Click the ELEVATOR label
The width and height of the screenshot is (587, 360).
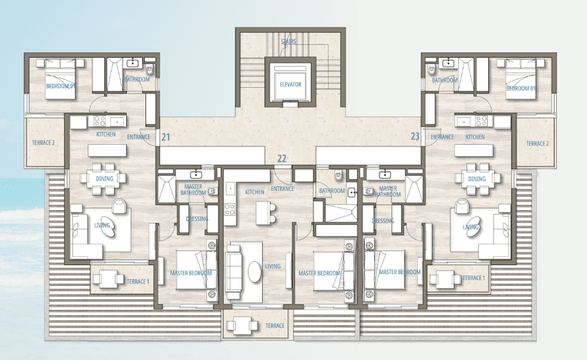point(290,85)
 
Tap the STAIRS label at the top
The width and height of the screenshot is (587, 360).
point(288,42)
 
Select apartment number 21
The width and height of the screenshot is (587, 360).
point(166,137)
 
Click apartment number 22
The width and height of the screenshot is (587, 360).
point(282,159)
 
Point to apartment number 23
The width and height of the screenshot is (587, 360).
point(415,136)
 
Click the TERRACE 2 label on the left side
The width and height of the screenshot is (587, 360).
point(44,143)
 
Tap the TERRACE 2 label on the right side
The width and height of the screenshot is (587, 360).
point(538,143)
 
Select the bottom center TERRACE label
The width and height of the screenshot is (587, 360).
point(275,325)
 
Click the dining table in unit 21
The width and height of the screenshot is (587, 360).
point(104,179)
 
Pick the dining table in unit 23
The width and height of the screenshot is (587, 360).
point(477,179)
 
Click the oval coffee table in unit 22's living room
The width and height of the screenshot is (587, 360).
point(254,272)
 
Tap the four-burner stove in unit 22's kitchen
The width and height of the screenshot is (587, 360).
point(230,209)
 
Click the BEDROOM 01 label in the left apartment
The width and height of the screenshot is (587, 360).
point(61,86)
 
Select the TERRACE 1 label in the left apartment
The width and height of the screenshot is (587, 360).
point(138,281)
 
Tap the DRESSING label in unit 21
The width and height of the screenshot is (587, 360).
point(197,218)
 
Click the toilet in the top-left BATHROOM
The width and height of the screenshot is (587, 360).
point(150,70)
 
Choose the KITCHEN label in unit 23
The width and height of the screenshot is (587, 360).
point(475,137)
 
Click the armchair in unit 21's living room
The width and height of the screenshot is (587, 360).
point(119,206)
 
